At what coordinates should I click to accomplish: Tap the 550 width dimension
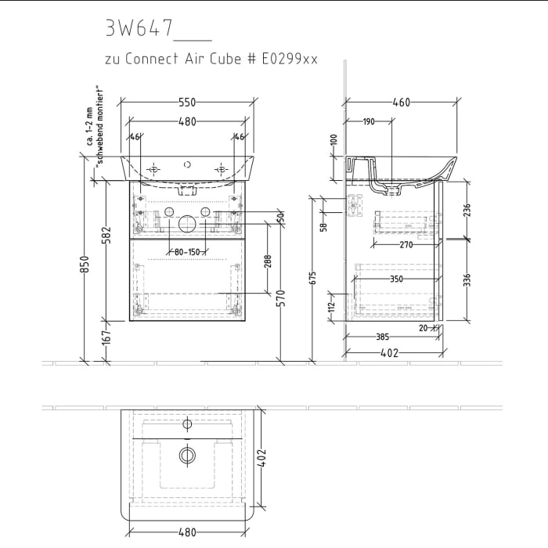[x=186, y=103]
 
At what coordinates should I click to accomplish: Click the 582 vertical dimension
[x=107, y=234]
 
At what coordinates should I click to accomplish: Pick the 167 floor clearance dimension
[x=107, y=338]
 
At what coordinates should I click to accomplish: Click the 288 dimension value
[x=268, y=261]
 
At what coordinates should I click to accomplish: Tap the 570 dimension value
[x=280, y=297]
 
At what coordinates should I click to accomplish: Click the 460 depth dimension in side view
[x=402, y=103]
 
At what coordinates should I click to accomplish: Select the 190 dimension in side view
[x=369, y=121]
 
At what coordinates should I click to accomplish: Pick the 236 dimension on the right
[x=467, y=210]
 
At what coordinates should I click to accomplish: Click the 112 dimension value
[x=332, y=305]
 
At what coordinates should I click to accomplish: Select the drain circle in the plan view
[x=187, y=454]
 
